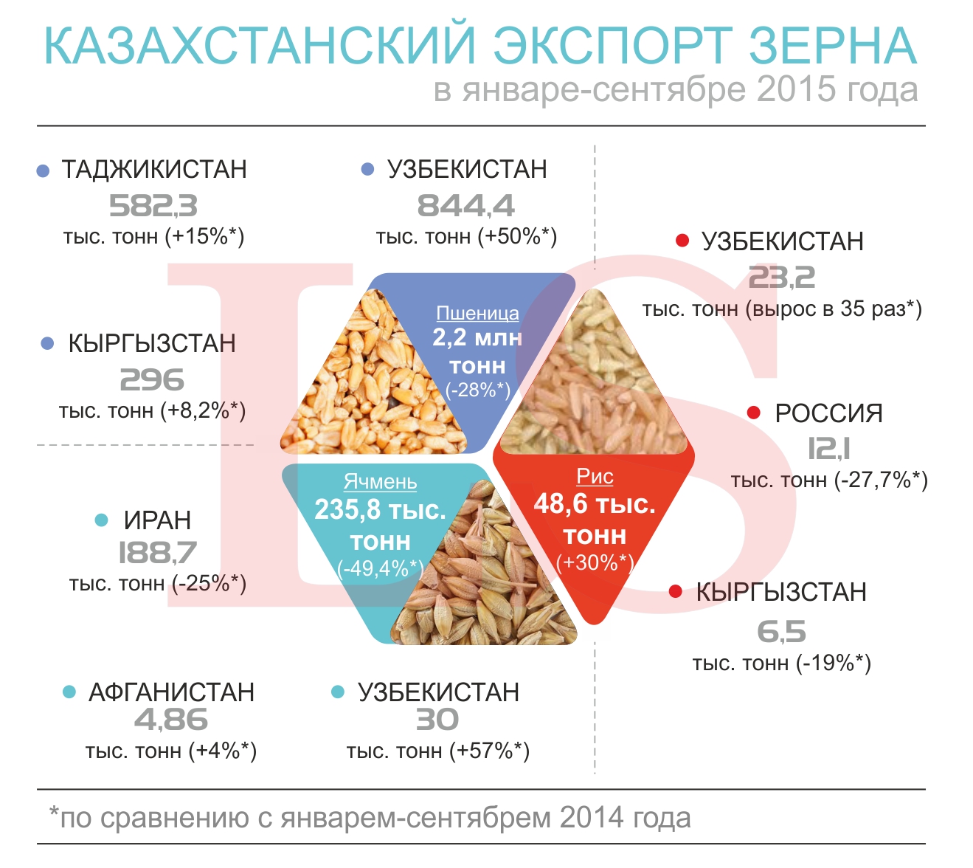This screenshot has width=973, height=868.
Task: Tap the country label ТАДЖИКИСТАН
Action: click(x=154, y=169)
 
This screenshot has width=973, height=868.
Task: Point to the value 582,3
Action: click(x=153, y=206)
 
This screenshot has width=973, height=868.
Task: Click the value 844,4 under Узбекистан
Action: click(x=466, y=206)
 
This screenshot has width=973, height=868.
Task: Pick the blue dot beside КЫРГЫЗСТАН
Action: click(x=47, y=344)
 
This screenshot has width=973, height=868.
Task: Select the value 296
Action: click(x=152, y=379)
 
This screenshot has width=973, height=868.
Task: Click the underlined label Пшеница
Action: click(x=477, y=314)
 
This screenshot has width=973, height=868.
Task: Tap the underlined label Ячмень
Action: click(x=380, y=481)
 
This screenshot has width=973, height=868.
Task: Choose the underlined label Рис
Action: click(x=595, y=476)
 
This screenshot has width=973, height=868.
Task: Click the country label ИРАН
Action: click(x=158, y=520)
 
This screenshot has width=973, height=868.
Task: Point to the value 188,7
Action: click(x=158, y=553)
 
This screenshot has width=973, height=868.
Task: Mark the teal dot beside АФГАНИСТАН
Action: click(x=69, y=692)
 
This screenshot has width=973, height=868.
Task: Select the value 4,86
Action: click(x=171, y=720)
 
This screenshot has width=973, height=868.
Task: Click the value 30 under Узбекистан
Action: click(x=437, y=720)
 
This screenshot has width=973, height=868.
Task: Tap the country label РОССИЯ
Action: click(x=828, y=413)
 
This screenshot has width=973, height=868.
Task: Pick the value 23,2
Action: click(x=782, y=278)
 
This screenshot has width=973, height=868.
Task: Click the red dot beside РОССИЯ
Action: click(x=754, y=413)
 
